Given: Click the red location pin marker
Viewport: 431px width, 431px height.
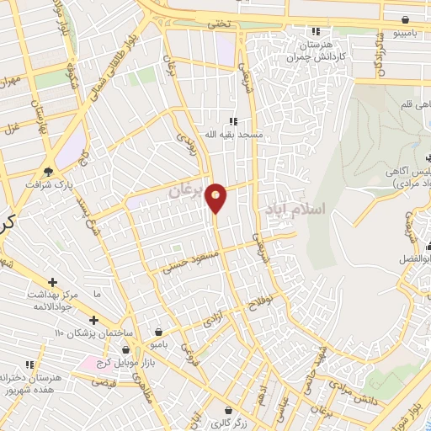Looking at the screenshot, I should pyautogui.click(x=216, y=197).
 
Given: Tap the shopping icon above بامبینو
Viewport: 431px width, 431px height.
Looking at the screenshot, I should pyautogui.click(x=407, y=19).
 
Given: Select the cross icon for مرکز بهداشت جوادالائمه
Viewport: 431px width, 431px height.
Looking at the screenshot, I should pyautogui.click(x=52, y=281).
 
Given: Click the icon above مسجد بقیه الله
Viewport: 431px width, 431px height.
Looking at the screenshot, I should pyautogui.click(x=233, y=120).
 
